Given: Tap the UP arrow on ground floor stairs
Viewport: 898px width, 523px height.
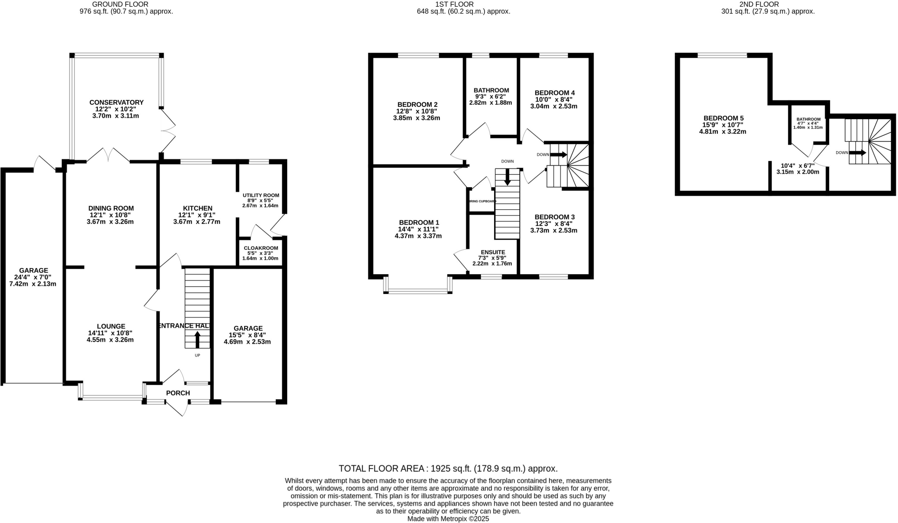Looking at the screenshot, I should coord(197,339).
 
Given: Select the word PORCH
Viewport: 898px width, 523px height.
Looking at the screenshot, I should coord(178,393).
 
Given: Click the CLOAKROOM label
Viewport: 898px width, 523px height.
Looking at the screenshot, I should coord(261,248).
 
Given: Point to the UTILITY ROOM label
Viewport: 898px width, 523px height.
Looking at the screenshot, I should coord(260,195).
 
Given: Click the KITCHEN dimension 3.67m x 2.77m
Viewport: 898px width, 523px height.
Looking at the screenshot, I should coord(196,222).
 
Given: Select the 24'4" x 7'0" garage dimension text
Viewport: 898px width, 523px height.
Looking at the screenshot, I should coord(33,277).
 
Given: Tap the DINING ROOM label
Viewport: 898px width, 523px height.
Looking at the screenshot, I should coord(111,208).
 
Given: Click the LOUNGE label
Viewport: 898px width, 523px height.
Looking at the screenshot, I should coord(111,326).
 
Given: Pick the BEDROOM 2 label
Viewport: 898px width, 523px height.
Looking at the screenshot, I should coord(417,104).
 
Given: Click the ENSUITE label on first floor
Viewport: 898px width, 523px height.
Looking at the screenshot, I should coord(493,252).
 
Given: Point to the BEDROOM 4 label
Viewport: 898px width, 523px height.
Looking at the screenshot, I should coord(554,93).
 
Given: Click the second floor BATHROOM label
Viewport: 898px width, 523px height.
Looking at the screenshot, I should coord(808,119).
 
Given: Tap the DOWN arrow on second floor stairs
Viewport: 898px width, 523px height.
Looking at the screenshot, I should coord(857,152).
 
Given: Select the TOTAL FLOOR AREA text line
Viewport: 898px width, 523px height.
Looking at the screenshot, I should coord(448,468).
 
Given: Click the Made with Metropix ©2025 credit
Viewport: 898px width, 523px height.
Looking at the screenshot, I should coord(448,519).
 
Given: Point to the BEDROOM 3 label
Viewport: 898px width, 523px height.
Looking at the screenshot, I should coord(554,217).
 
